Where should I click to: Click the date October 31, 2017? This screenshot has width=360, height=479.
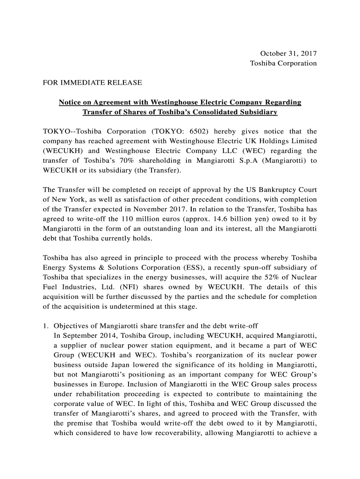tap(288, 53)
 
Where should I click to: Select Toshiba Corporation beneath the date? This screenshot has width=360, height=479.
tap(283, 63)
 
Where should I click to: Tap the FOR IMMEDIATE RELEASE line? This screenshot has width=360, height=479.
tap(92, 83)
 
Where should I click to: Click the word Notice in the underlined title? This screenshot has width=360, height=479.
tap(70, 102)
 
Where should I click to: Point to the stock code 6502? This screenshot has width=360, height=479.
tap(201, 131)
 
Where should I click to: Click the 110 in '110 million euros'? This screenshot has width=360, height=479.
tap(128, 219)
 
